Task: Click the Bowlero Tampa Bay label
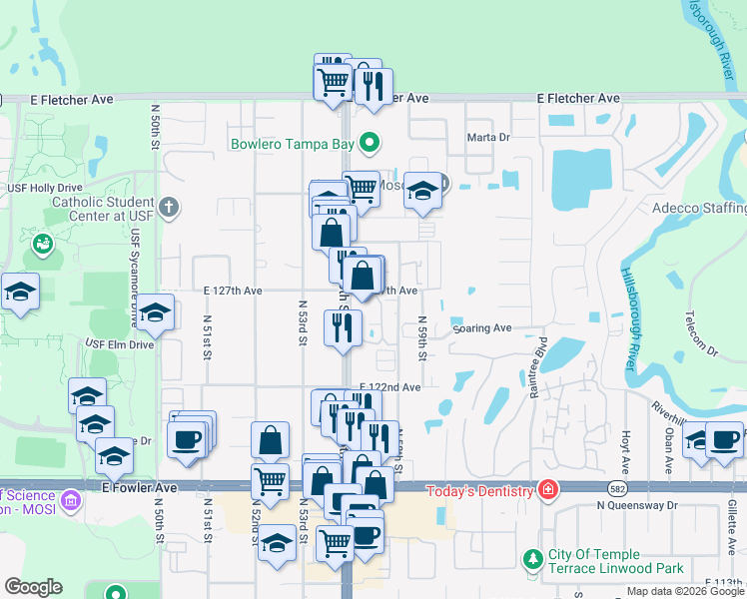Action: pos(292,144)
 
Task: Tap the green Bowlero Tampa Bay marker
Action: pos(369,144)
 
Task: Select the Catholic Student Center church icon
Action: pos(170,208)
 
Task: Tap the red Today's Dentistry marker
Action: pos(547,489)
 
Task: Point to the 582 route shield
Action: pos(618,486)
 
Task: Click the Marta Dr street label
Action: pos(488,138)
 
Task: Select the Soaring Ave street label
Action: pos(481,327)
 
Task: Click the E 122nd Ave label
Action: pos(389,386)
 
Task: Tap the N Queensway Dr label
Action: pos(637,505)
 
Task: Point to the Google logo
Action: pos(33,587)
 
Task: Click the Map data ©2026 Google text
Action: pos(685,591)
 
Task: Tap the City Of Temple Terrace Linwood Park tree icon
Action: pos(532,556)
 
